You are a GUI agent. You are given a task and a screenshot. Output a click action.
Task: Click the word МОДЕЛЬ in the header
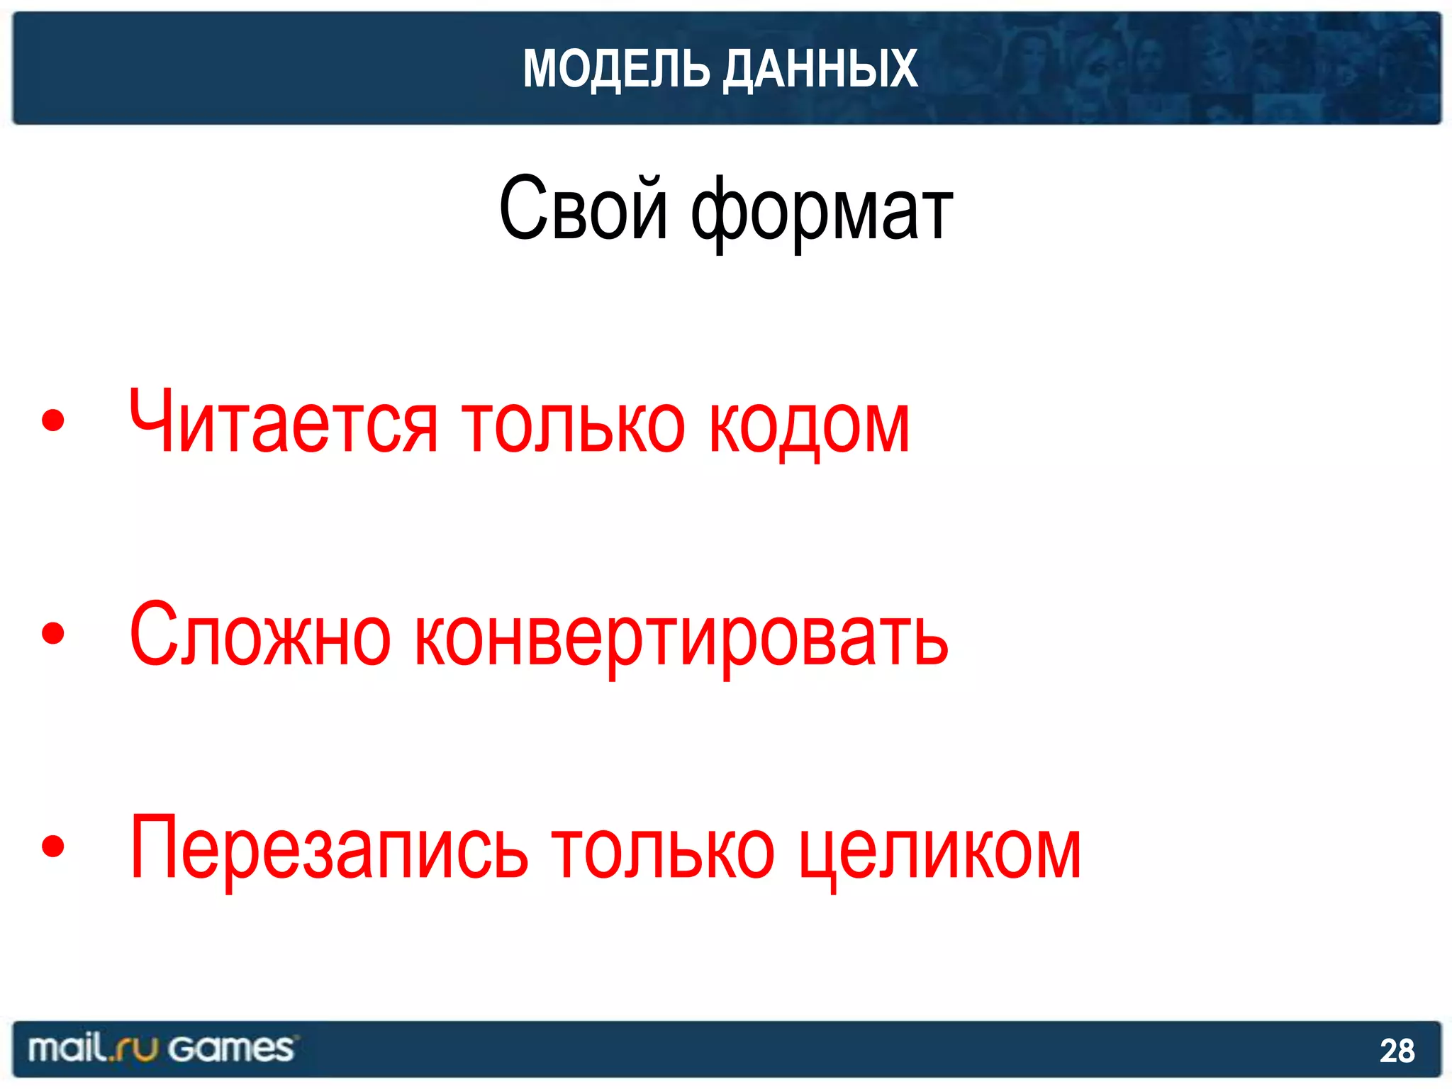[616, 69]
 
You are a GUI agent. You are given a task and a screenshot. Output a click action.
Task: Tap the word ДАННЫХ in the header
[820, 69]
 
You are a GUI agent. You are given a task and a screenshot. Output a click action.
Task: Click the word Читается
[284, 424]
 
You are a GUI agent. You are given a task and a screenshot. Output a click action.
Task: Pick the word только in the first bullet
[574, 425]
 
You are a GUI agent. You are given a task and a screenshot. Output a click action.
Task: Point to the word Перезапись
[329, 849]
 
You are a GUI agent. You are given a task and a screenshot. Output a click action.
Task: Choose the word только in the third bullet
[664, 850]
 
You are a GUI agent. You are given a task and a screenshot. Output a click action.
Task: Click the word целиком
[940, 851]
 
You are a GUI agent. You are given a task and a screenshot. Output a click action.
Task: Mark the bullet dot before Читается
[53, 420]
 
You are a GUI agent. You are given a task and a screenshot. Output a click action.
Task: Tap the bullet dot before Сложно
[53, 632]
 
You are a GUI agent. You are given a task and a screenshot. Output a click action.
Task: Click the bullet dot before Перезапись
[53, 845]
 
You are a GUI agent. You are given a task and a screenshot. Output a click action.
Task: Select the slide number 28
[1397, 1051]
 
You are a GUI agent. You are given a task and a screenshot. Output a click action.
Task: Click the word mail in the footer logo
[67, 1048]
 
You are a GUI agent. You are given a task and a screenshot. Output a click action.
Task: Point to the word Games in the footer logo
[231, 1049]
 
